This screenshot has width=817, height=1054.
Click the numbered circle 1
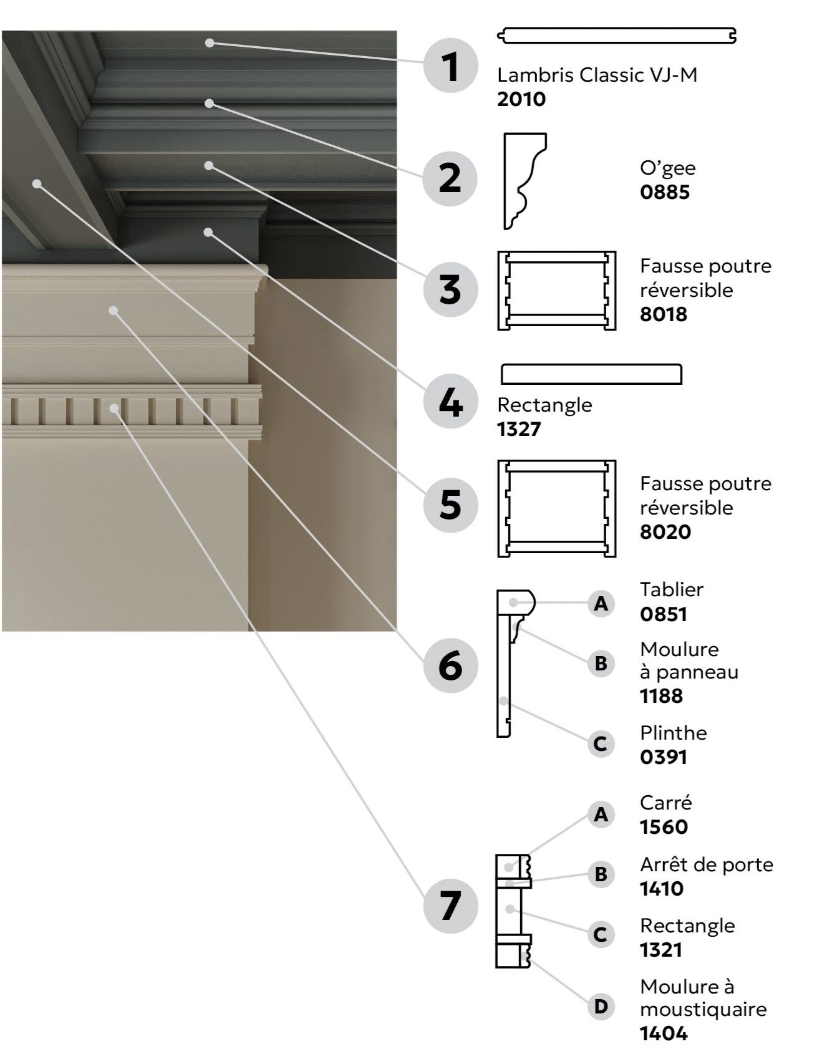450,65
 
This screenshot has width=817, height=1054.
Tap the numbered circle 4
450,402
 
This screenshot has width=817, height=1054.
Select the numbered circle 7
450,906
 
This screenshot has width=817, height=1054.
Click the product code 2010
521,99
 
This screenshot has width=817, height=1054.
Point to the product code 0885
665,192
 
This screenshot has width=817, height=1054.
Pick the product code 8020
665,532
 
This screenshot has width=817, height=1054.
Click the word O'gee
667,168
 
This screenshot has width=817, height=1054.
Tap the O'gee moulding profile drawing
524,181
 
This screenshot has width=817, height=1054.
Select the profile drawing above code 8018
556,290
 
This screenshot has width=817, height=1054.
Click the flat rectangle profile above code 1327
591,374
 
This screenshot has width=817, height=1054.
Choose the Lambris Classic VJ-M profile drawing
617,36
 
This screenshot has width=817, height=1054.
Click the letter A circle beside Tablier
601,604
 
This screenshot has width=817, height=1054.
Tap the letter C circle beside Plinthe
601,743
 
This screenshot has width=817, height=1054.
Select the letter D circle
601,1007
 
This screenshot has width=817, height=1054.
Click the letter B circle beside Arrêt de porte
601,874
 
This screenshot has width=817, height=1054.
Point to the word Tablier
672,589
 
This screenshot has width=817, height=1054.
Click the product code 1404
664,1033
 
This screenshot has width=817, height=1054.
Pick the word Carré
665,802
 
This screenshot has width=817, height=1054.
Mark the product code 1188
661,696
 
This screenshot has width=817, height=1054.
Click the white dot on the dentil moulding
114,409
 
